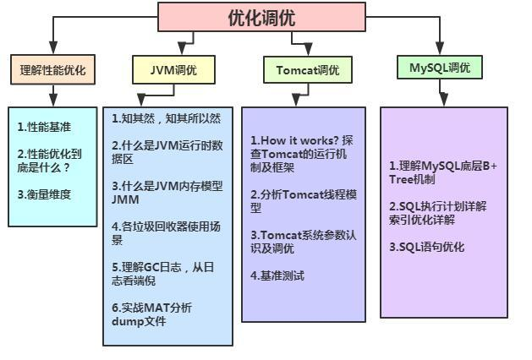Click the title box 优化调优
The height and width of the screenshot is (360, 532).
[261, 16]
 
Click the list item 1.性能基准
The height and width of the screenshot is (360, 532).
[44, 127]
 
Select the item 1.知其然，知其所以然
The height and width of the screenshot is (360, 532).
[166, 118]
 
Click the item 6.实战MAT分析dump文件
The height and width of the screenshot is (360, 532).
[151, 314]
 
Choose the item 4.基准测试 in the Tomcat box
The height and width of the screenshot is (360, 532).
[277, 275]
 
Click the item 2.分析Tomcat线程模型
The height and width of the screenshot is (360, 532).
[303, 200]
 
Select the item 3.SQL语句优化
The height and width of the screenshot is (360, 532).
[426, 248]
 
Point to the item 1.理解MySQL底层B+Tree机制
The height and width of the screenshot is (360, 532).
[442, 172]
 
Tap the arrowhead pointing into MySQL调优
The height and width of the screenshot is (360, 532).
[440, 49]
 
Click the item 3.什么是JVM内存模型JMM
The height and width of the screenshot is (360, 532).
[167, 193]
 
